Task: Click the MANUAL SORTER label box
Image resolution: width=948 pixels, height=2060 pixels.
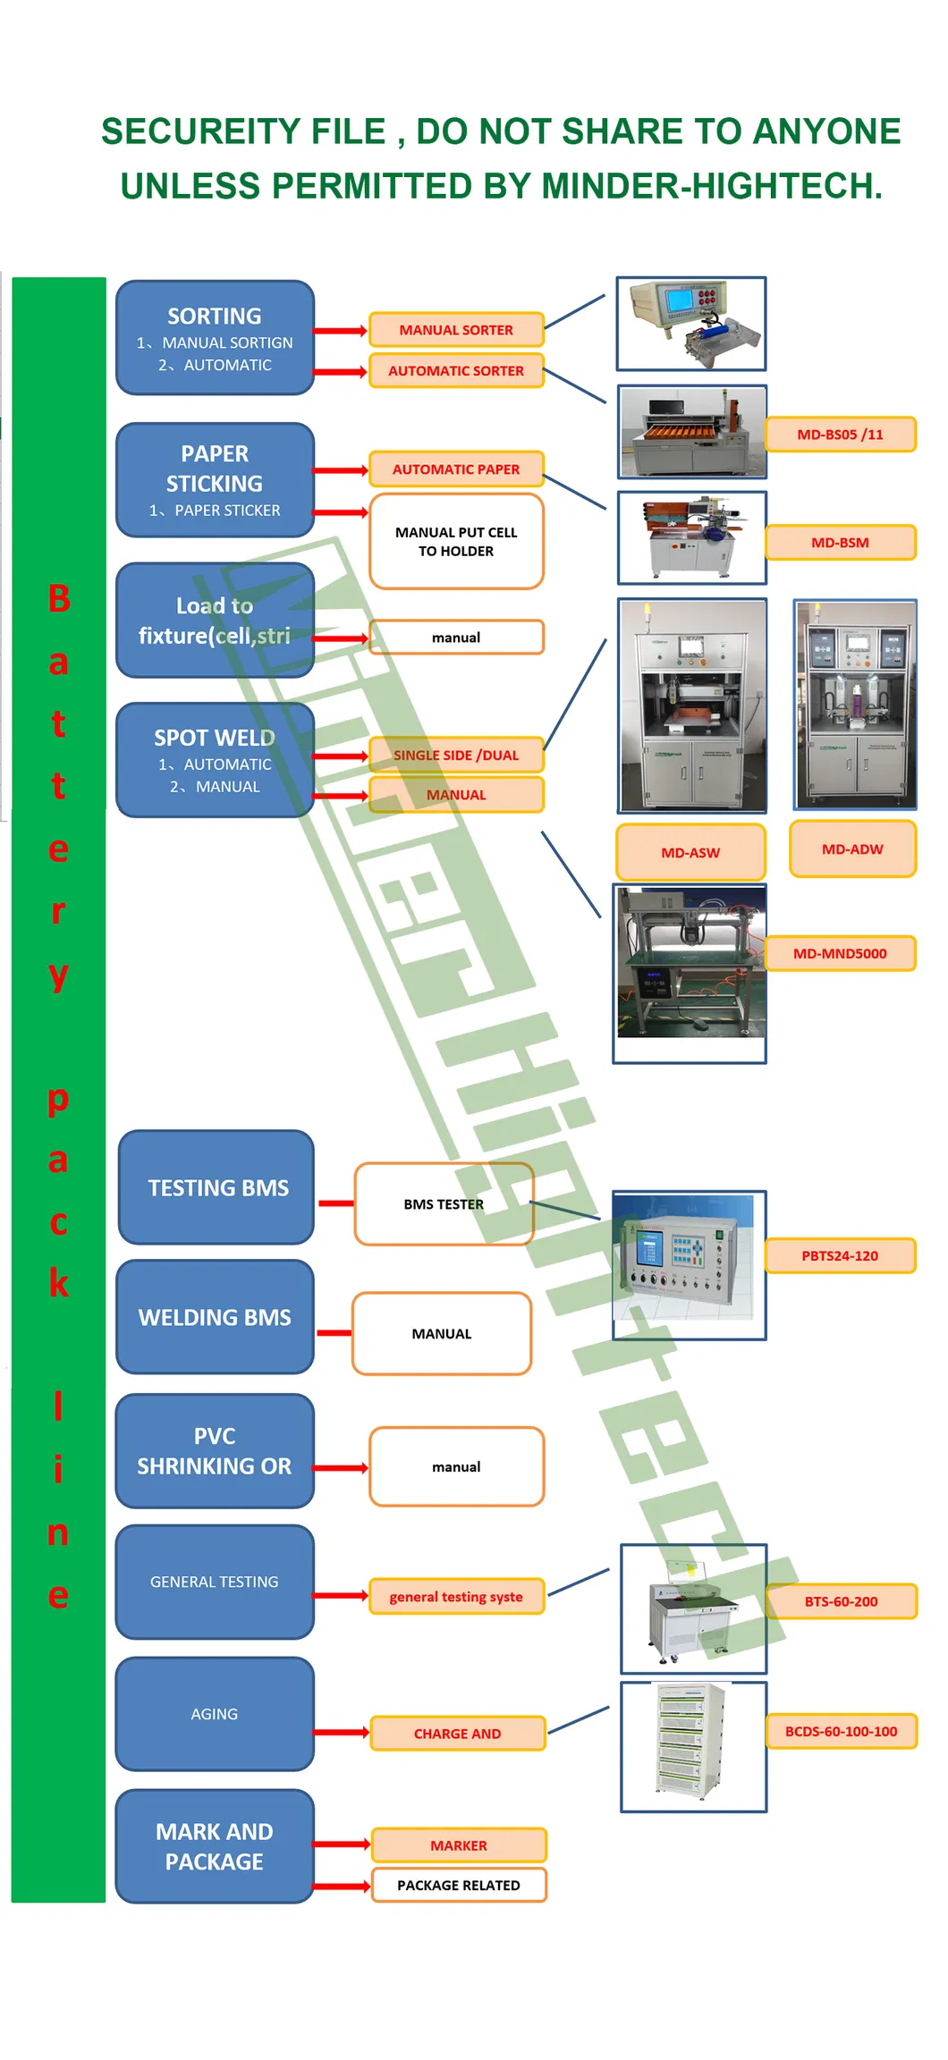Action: tap(456, 330)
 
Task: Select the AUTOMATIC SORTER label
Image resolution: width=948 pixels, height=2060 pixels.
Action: tap(456, 371)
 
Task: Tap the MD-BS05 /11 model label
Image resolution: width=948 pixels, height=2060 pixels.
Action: tap(840, 435)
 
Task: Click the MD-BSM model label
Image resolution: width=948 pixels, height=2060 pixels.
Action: tap(840, 543)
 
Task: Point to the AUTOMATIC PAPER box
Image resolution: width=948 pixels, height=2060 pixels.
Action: tap(456, 469)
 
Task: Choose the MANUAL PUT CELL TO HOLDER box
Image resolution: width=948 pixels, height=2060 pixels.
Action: tap(456, 542)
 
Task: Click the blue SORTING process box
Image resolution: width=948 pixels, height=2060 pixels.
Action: tap(215, 338)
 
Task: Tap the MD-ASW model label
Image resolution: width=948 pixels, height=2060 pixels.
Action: tap(690, 853)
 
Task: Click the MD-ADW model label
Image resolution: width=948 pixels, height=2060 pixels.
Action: tap(852, 849)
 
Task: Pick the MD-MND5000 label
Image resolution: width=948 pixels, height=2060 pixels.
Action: tap(840, 954)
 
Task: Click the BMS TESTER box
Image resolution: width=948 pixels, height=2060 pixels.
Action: tap(444, 1204)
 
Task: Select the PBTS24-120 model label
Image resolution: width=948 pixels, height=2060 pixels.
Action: tap(840, 1256)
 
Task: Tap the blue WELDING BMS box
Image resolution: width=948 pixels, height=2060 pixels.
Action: tap(215, 1318)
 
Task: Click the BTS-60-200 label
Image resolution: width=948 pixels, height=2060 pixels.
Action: tap(841, 1601)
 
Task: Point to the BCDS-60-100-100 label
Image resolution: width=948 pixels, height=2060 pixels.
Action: tap(841, 1732)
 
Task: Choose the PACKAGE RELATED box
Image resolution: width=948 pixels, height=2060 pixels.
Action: tap(459, 1885)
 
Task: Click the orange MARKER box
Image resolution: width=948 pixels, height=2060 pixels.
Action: tap(459, 1845)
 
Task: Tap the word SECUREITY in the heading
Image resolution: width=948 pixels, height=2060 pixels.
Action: tap(243, 132)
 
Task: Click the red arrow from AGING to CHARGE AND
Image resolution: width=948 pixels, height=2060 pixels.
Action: tap(342, 1733)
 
